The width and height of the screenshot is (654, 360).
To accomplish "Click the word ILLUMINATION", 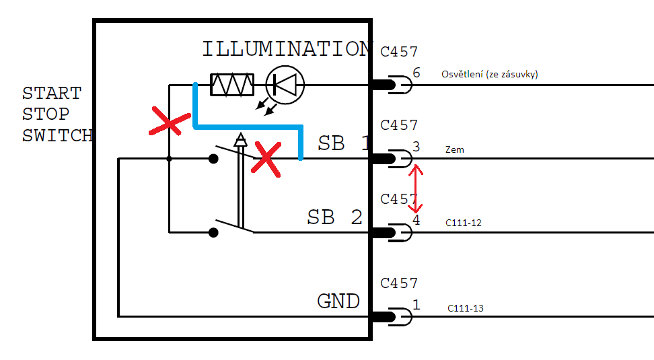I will tap(287, 49).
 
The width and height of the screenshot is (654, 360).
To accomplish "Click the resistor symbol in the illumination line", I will tap(232, 85).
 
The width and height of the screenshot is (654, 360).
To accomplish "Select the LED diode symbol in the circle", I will tap(285, 85).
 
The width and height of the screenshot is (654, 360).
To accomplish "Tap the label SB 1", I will tap(344, 143).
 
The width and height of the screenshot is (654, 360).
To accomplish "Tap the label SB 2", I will tap(334, 217).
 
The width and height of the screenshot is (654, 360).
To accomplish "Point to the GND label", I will tap(338, 301).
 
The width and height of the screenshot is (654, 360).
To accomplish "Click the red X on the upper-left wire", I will tap(168, 123).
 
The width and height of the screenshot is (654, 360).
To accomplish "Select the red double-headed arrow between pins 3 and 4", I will tap(417, 189).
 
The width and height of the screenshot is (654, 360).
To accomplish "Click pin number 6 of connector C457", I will tap(416, 73).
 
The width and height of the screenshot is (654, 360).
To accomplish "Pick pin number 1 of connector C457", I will tap(416, 305).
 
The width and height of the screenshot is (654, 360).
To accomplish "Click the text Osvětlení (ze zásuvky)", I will tap(489, 74).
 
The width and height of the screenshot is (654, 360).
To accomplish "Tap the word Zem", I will tap(454, 150).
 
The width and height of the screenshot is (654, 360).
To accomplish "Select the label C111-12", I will tap(464, 222).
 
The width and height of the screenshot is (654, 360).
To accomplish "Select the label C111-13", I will tap(466, 309).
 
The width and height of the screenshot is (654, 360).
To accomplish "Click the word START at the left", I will tap(52, 93).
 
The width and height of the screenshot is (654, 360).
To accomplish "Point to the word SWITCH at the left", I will tap(57, 135).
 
